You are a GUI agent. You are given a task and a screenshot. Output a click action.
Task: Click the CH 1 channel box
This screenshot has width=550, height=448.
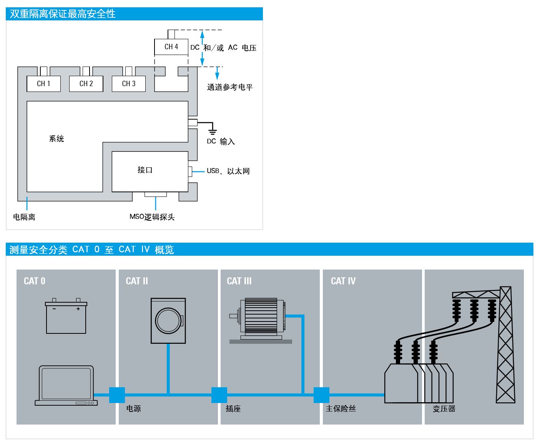point(43,84)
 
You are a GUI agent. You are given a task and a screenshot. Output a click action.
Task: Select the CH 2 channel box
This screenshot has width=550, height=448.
point(86,84)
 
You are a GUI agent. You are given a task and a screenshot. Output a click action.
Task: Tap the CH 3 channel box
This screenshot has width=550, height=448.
point(129,84)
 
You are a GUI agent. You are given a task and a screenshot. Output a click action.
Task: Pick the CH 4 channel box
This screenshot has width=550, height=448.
point(171,47)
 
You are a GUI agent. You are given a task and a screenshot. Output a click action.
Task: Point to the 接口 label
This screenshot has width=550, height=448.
point(145,170)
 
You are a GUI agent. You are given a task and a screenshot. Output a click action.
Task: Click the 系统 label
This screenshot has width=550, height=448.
point(56,139)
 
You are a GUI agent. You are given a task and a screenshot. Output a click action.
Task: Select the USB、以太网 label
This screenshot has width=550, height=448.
point(228,171)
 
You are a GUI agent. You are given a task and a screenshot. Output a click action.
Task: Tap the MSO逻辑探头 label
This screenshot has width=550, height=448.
point(152,217)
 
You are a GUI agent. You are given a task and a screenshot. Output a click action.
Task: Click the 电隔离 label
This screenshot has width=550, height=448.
point(24,217)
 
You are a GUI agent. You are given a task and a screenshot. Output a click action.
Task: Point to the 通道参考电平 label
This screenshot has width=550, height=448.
point(230,87)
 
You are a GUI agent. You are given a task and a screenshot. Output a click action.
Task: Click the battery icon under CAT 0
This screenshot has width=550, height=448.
point(66,316)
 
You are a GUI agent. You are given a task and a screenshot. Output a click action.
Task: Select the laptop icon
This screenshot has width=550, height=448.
point(66,386)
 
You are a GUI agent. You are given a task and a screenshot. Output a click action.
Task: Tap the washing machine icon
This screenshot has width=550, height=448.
point(168,320)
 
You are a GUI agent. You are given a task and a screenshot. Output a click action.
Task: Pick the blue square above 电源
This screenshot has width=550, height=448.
point(117,395)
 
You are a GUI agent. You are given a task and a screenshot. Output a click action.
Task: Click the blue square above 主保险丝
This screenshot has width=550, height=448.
point(322,395)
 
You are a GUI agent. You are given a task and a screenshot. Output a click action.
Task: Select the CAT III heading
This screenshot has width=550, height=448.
point(239,281)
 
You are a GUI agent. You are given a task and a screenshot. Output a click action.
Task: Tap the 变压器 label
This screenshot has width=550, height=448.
point(444,409)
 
